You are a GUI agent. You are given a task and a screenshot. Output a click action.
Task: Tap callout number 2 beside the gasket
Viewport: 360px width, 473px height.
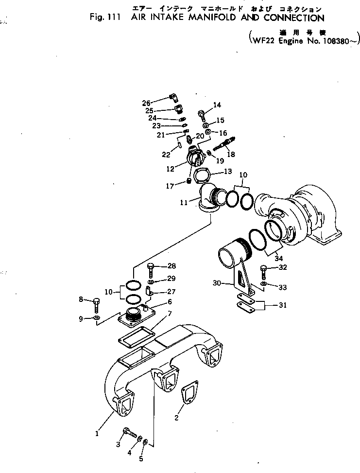176,418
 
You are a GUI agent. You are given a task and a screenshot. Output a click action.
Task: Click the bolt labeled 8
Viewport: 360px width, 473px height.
96,304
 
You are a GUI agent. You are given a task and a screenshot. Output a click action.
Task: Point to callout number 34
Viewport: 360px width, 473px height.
278,258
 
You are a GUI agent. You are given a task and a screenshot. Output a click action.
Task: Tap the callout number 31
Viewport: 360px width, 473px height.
282,305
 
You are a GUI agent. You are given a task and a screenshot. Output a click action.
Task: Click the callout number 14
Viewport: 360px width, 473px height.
217,105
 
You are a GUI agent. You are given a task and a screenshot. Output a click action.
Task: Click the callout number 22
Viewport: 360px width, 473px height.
167,155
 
